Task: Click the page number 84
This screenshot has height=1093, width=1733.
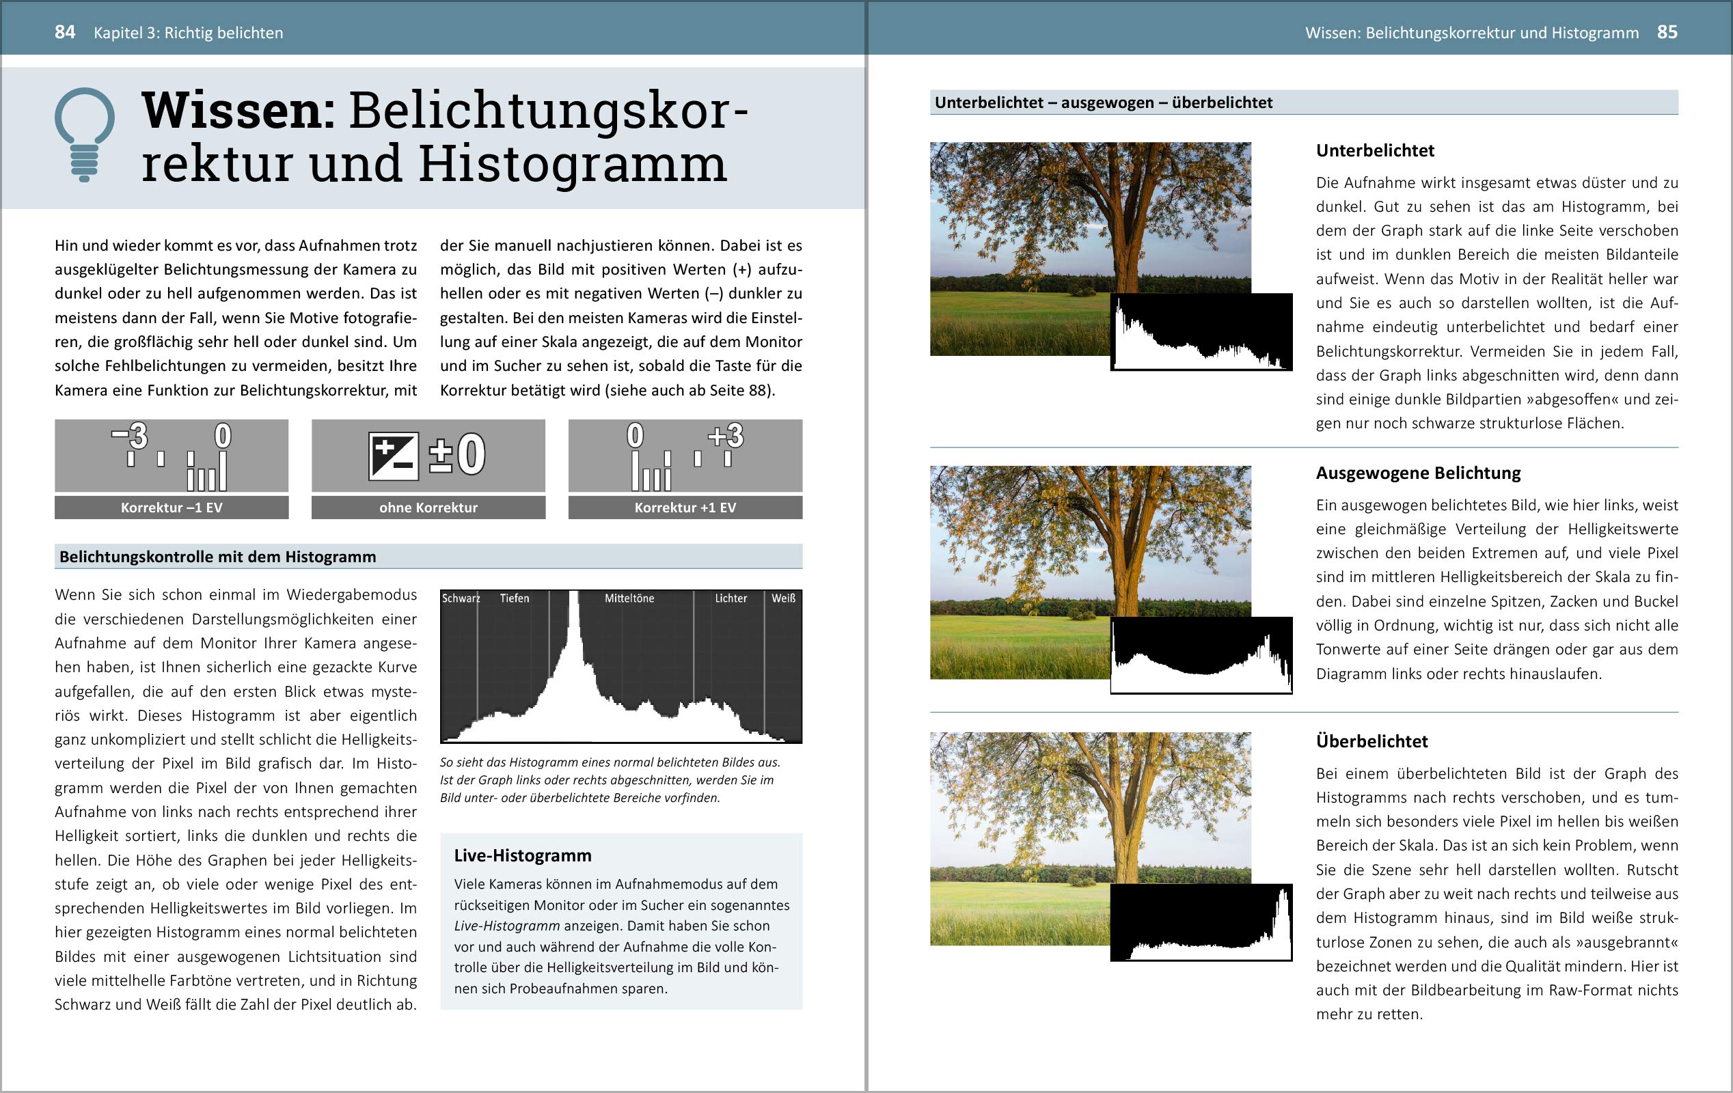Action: pyautogui.click(x=65, y=32)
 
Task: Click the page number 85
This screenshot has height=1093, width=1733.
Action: pyautogui.click(x=1667, y=32)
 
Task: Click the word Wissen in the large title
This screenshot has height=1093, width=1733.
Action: pyautogui.click(x=238, y=111)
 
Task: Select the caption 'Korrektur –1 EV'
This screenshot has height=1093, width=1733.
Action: pyautogui.click(x=172, y=508)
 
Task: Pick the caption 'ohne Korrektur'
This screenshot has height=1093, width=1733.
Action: pyautogui.click(x=428, y=508)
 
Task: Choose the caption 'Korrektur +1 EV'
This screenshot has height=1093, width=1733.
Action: pyautogui.click(x=685, y=508)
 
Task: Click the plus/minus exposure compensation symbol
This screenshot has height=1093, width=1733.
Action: pyautogui.click(x=393, y=456)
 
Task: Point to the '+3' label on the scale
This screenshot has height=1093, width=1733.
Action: pyautogui.click(x=726, y=435)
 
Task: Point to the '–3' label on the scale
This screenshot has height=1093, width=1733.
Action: pyautogui.click(x=131, y=435)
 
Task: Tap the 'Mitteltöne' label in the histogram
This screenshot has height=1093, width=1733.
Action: pyautogui.click(x=629, y=598)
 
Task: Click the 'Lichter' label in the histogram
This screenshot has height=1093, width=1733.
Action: pyautogui.click(x=731, y=598)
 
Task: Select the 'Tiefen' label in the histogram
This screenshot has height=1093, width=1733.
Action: pyautogui.click(x=515, y=598)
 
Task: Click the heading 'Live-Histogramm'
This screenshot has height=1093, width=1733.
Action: pyautogui.click(x=523, y=855)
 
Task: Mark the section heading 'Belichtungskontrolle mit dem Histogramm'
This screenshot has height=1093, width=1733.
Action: pyautogui.click(x=217, y=556)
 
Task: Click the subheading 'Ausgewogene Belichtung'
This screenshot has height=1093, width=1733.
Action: pyautogui.click(x=1418, y=473)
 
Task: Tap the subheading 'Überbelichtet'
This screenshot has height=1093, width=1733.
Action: pyautogui.click(x=1372, y=741)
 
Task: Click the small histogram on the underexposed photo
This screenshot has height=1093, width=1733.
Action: pyautogui.click(x=1201, y=333)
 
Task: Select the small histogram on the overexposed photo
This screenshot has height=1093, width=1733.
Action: pyautogui.click(x=1201, y=923)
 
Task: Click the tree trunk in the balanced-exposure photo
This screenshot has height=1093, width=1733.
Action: pyautogui.click(x=1126, y=576)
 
